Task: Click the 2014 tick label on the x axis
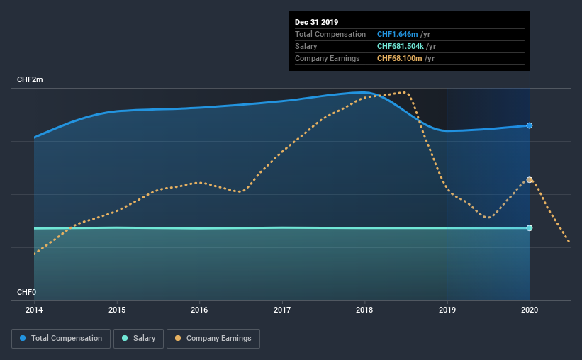pos(35,310)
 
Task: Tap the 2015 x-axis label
pos(117,310)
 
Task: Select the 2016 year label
pos(200,310)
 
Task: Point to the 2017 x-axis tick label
pos(282,310)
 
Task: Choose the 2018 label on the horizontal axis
pos(364,310)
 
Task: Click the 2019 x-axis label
pos(447,310)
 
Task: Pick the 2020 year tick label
pos(530,310)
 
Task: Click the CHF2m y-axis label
pos(30,80)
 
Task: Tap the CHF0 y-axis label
pos(26,292)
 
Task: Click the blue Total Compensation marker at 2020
pos(530,125)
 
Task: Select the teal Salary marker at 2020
pos(530,228)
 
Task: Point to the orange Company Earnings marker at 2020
pos(530,180)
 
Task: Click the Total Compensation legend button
pos(61,339)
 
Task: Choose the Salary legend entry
pos(139,339)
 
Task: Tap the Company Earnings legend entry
pos(213,339)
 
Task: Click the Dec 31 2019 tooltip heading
pos(317,22)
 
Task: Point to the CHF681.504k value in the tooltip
pos(402,46)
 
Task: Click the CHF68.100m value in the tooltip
pos(401,58)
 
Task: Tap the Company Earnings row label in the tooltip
pos(328,58)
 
